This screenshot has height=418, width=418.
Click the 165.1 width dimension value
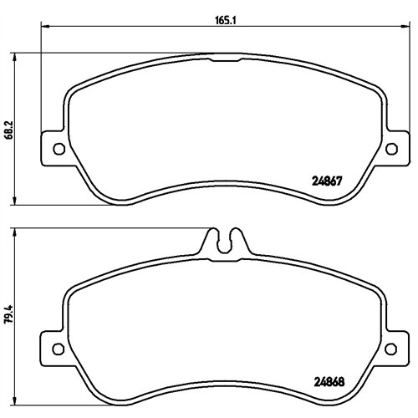(x=226, y=20)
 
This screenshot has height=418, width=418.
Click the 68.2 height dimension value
(x=9, y=130)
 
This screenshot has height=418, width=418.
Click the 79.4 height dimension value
(x=9, y=313)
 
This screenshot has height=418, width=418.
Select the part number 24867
(x=327, y=181)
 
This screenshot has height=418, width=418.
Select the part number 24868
(x=329, y=381)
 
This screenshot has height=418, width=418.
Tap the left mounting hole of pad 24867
(x=59, y=149)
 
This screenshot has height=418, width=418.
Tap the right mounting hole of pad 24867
(x=391, y=149)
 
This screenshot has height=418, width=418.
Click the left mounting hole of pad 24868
(x=59, y=349)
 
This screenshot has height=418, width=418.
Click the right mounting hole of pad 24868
(x=390, y=349)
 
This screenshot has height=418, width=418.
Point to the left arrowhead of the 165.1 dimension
(x=45, y=26)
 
